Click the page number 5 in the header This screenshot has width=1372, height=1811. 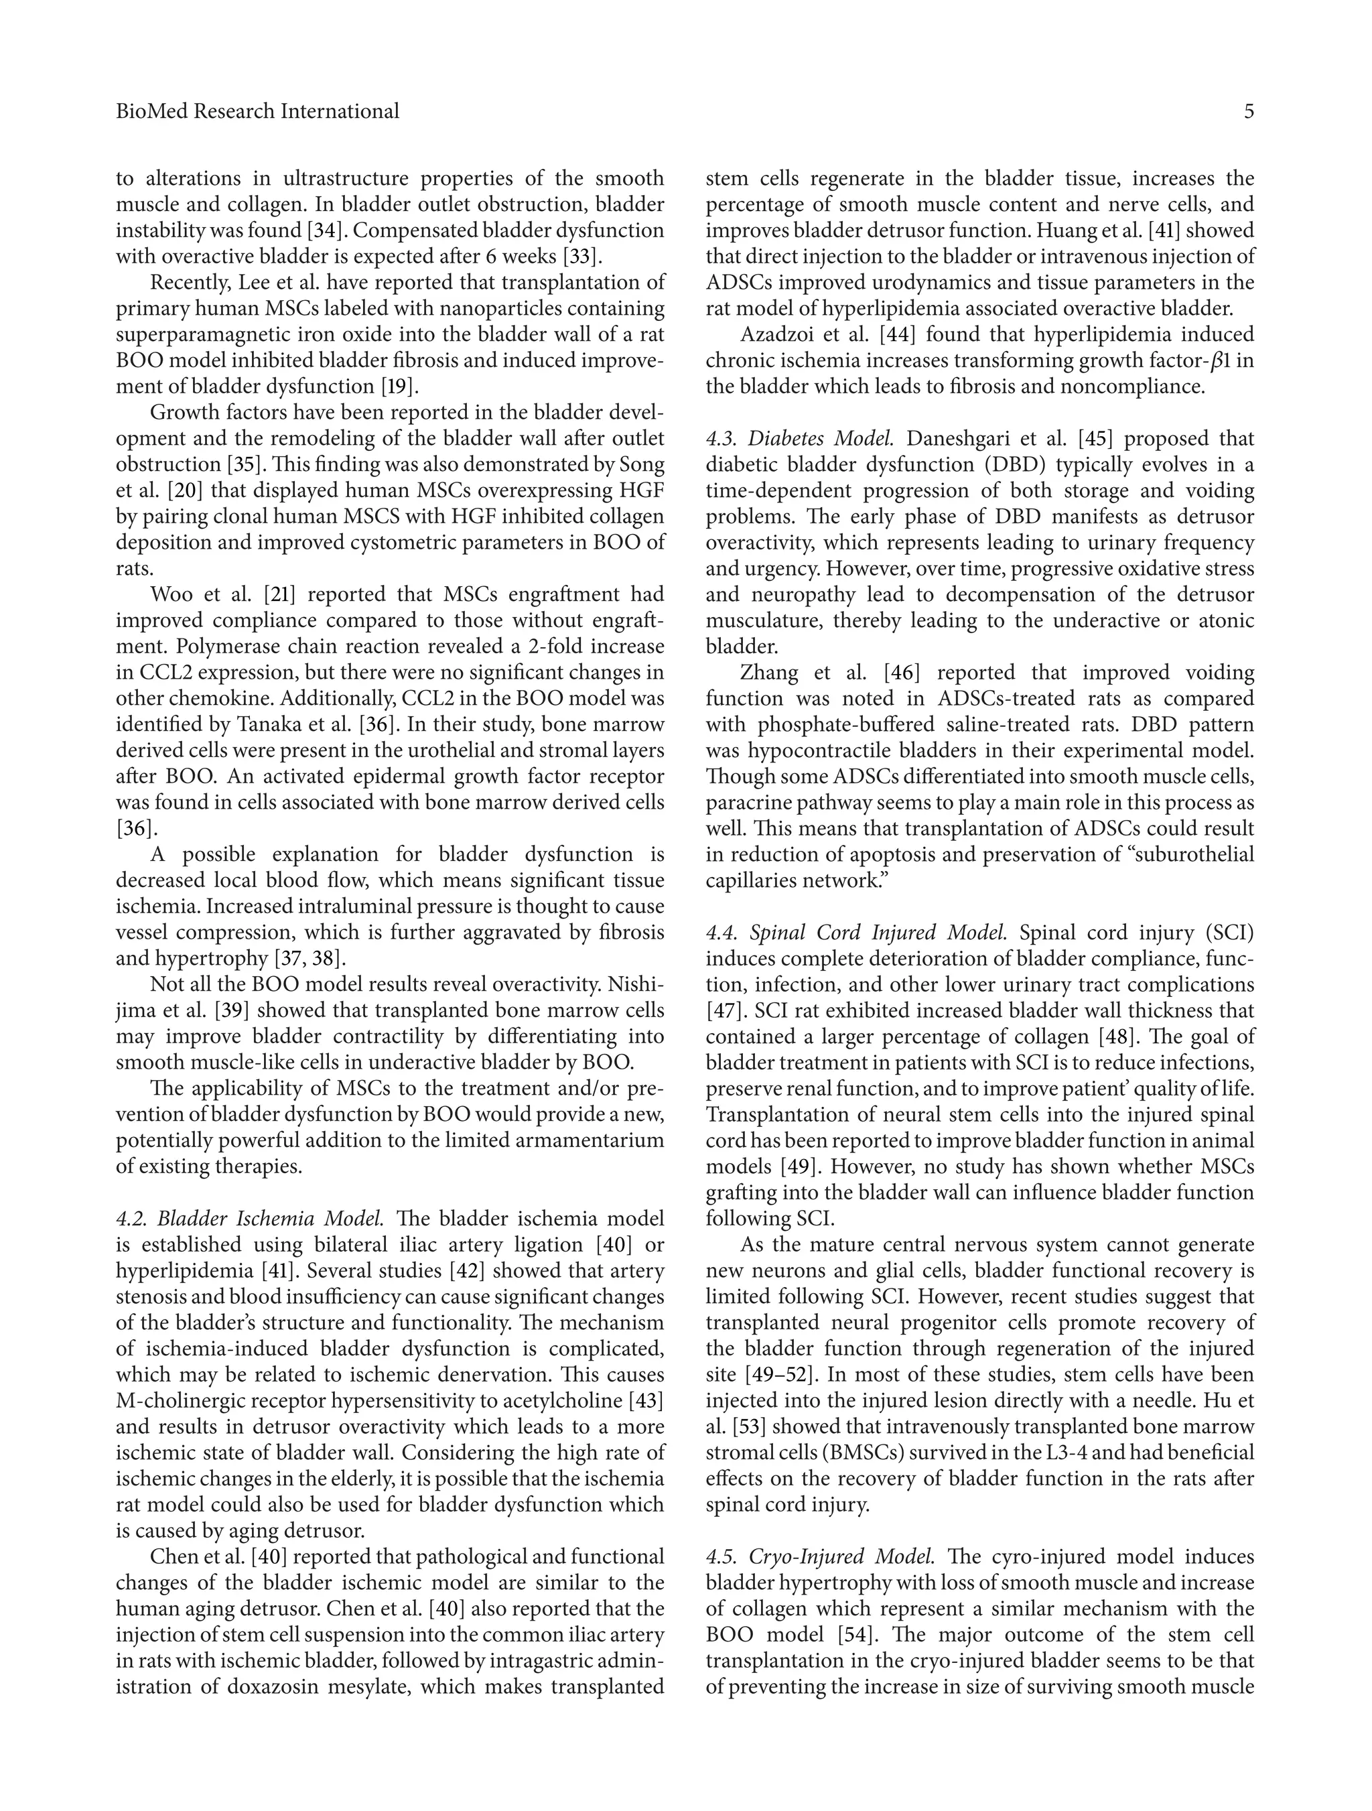pyautogui.click(x=1248, y=111)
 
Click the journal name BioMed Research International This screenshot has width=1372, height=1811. pyautogui.click(x=257, y=111)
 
